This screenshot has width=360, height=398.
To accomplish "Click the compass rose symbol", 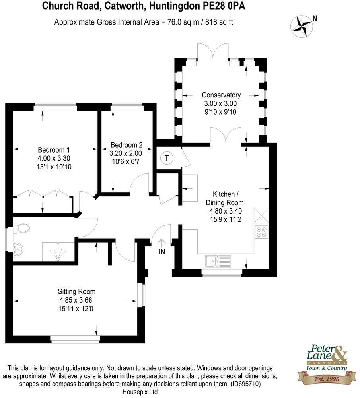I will pos(301,25).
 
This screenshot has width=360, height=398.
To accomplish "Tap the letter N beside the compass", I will pos(315,18).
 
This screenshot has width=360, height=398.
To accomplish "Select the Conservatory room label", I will pos(221,95).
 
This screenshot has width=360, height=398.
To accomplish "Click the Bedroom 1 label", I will pos(54,150).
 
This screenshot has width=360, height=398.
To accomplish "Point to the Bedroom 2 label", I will pos(126,145).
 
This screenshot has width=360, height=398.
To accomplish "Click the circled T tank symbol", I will pos(167,158).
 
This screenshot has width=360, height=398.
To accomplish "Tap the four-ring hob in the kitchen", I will pos(262,232).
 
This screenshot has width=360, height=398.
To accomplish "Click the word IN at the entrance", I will pos(162,252).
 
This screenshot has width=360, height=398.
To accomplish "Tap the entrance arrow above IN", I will pos(162,242).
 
